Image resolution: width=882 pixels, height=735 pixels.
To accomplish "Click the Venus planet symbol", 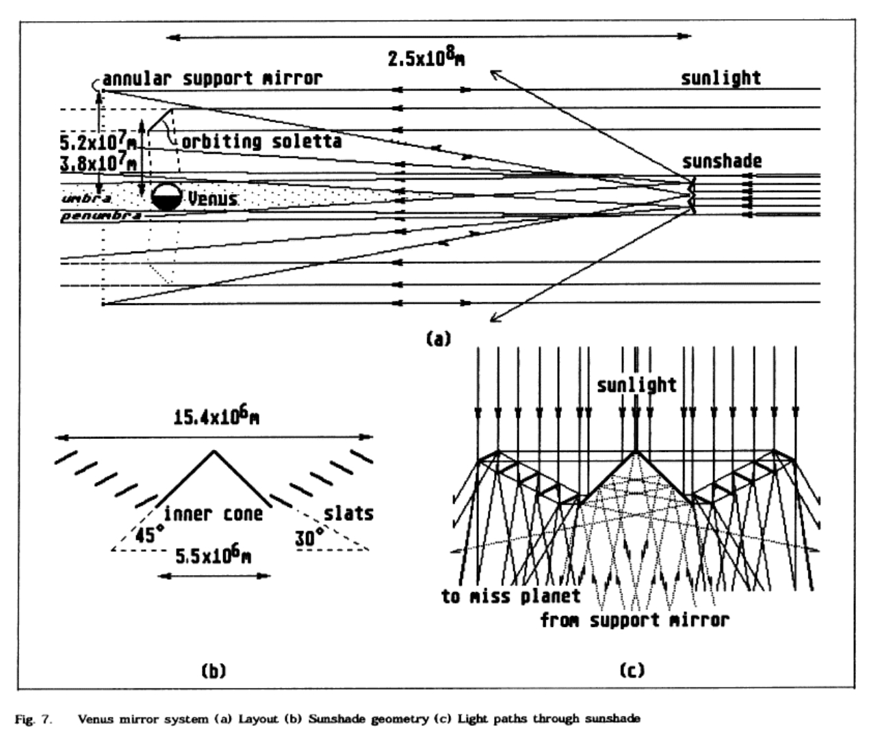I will coord(166,197).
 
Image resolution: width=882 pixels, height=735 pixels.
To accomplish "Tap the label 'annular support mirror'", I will coord(212,79).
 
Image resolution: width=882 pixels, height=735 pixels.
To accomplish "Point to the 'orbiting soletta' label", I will coord(261,142).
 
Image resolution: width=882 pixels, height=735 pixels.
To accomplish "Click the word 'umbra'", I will coord(87,198).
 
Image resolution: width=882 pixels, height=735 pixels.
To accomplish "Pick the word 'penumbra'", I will coord(101,216).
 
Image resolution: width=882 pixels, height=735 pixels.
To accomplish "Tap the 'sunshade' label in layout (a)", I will coord(721,161).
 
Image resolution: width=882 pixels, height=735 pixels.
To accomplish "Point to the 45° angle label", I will coord(145,536).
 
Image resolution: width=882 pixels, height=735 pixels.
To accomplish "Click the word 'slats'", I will coord(349,513).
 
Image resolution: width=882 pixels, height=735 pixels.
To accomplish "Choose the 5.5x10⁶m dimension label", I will coord(213,556).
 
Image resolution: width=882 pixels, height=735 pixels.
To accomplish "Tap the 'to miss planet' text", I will coord(510,596).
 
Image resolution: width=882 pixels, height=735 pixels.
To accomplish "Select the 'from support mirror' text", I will coord(634,620).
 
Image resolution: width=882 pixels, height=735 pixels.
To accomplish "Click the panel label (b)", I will coord(213,671).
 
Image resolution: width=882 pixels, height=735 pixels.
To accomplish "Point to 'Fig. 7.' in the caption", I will coord(34,719).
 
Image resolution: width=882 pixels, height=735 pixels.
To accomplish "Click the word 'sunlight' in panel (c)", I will coord(636,385).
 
